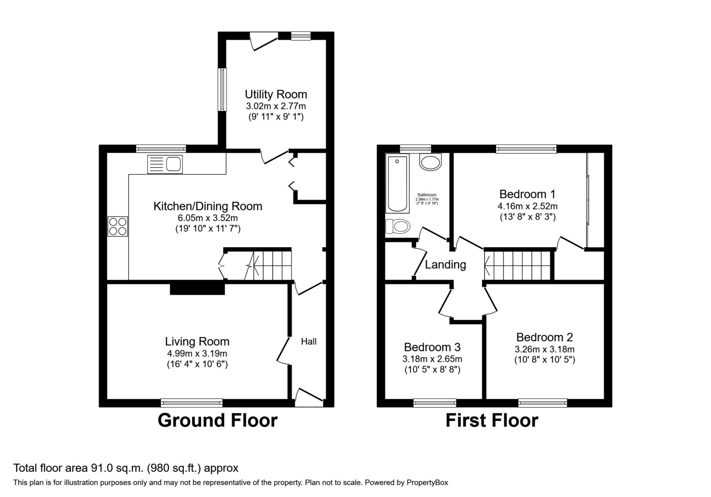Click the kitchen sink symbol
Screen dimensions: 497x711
(x=165, y=164)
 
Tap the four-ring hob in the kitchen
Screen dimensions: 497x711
(x=118, y=226)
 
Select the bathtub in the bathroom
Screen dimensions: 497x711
(x=398, y=184)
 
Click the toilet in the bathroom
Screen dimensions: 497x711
(x=398, y=226)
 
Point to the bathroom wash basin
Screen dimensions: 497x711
(x=430, y=162)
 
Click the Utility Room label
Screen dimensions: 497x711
(x=276, y=94)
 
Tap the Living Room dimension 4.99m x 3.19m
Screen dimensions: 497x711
(x=197, y=353)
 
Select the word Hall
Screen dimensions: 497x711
(x=309, y=342)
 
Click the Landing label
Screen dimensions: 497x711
(x=445, y=265)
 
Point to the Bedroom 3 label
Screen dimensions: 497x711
(x=432, y=347)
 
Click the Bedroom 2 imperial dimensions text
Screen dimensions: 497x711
(x=544, y=360)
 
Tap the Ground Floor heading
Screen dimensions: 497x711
(x=217, y=420)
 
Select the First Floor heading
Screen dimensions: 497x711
(x=492, y=420)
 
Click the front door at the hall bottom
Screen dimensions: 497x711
(x=309, y=402)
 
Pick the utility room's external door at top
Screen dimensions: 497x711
(x=264, y=36)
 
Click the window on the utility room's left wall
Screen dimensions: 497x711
(x=222, y=89)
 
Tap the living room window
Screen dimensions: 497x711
(x=192, y=403)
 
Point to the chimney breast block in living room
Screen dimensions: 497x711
(x=197, y=289)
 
